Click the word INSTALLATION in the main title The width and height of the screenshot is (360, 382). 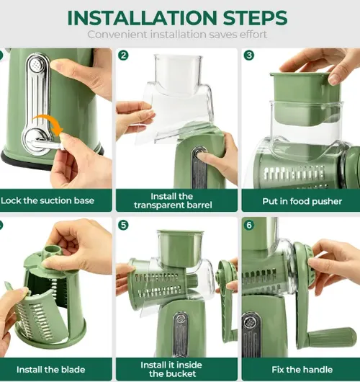pyautogui.click(x=142, y=18)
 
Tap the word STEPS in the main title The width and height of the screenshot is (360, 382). pyautogui.click(x=255, y=18)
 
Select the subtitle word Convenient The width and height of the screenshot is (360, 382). pyautogui.click(x=117, y=35)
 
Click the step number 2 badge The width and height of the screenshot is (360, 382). pyautogui.click(x=123, y=55)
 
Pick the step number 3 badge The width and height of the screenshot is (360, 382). pyautogui.click(x=249, y=55)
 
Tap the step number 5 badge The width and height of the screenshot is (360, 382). pyautogui.click(x=123, y=225)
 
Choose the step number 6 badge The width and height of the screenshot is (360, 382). pyautogui.click(x=249, y=225)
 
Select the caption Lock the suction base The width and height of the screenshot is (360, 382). pyautogui.click(x=48, y=200)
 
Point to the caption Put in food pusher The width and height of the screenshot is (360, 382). pyautogui.click(x=302, y=201)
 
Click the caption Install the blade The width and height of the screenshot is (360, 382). pyautogui.click(x=51, y=370)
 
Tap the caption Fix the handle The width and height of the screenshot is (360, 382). pyautogui.click(x=302, y=370)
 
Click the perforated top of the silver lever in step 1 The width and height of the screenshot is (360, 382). pyautogui.click(x=37, y=65)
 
